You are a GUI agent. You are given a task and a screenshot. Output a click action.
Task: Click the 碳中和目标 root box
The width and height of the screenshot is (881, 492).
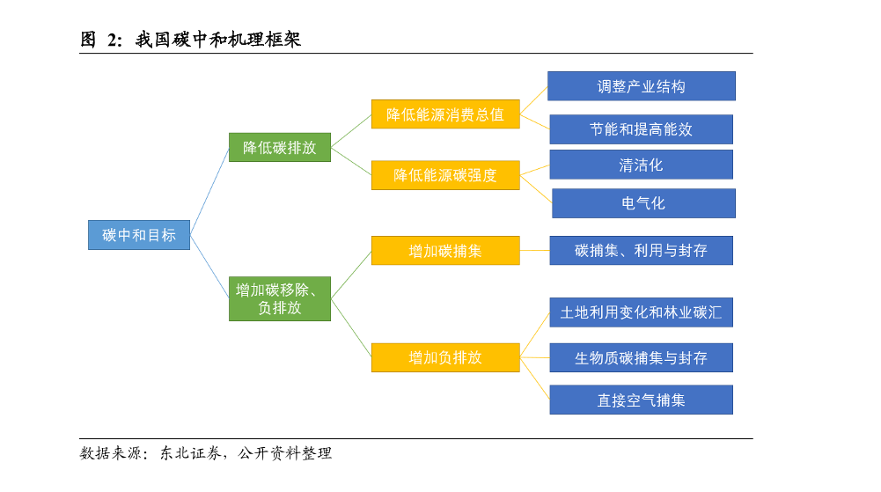pos(139,235)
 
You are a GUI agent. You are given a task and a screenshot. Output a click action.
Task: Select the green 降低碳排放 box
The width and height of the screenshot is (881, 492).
pos(280,148)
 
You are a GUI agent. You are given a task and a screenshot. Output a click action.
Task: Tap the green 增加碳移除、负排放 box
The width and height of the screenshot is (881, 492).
pos(280,298)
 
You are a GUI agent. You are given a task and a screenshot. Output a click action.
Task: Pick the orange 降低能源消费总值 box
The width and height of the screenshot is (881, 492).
pos(445,114)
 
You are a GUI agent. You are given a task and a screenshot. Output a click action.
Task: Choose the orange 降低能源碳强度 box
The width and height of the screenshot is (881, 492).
pos(445,175)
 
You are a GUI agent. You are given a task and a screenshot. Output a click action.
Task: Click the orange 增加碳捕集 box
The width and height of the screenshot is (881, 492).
pos(445,251)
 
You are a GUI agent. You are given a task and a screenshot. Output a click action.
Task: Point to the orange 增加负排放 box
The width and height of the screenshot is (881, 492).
pos(445,357)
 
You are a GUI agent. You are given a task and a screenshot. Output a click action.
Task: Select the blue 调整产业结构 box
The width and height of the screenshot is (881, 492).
pos(641,86)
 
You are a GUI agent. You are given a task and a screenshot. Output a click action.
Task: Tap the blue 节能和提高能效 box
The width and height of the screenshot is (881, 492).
pos(641,129)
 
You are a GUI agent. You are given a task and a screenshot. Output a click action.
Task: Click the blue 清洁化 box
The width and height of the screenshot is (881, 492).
pos(641,165)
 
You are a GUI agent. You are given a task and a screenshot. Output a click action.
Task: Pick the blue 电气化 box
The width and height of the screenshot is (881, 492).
pos(643,203)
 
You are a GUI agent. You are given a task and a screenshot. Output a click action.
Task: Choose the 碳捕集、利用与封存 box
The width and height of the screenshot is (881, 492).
pos(641,250)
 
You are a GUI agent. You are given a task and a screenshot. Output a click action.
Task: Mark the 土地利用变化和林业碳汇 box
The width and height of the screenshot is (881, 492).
pos(641,312)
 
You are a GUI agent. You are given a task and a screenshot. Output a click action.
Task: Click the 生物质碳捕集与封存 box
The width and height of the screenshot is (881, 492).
pos(641,358)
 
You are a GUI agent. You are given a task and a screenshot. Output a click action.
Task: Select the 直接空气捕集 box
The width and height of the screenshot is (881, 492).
pos(641,400)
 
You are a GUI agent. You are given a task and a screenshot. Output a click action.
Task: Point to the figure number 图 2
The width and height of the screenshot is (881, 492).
pos(100,39)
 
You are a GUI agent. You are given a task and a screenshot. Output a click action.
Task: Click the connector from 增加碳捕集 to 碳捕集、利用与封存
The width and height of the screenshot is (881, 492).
pos(534,251)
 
